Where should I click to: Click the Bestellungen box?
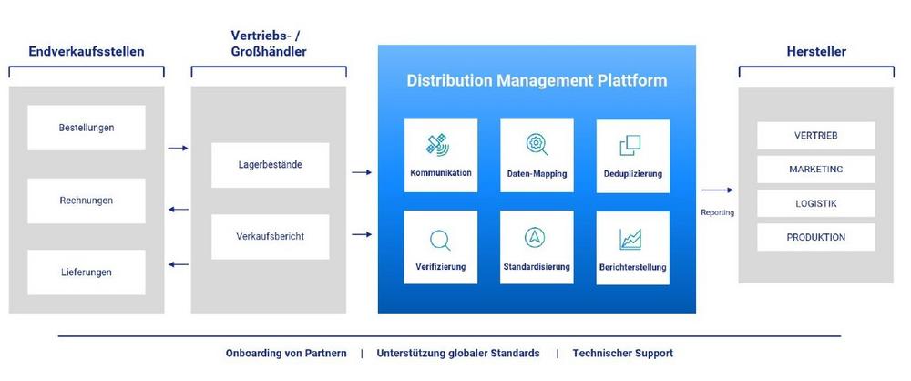pyautogui.click(x=86, y=128)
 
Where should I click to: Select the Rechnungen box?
pyautogui.click(x=86, y=201)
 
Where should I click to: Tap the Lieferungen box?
pyautogui.click(x=86, y=273)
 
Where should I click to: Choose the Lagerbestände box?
pyautogui.click(x=271, y=165)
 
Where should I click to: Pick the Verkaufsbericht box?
pyautogui.click(x=271, y=237)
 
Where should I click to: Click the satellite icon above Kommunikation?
pyautogui.click(x=438, y=144)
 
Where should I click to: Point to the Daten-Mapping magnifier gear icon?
pyautogui.click(x=537, y=144)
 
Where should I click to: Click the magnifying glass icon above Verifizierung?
pyautogui.click(x=440, y=241)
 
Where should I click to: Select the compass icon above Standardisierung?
pyautogui.click(x=535, y=237)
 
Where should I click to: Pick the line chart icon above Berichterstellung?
pyautogui.click(x=630, y=239)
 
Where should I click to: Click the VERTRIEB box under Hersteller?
pyautogui.click(x=815, y=136)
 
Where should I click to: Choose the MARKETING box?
pyautogui.click(x=815, y=170)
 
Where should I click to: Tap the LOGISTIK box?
pyautogui.click(x=815, y=203)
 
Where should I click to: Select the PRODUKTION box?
pyautogui.click(x=815, y=237)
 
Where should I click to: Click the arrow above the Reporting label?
pyautogui.click(x=717, y=190)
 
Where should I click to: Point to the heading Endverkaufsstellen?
pyautogui.click(x=86, y=51)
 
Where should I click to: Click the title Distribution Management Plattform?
pyautogui.click(x=537, y=80)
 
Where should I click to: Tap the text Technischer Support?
pyautogui.click(x=623, y=353)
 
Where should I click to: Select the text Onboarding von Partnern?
pyautogui.click(x=286, y=353)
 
